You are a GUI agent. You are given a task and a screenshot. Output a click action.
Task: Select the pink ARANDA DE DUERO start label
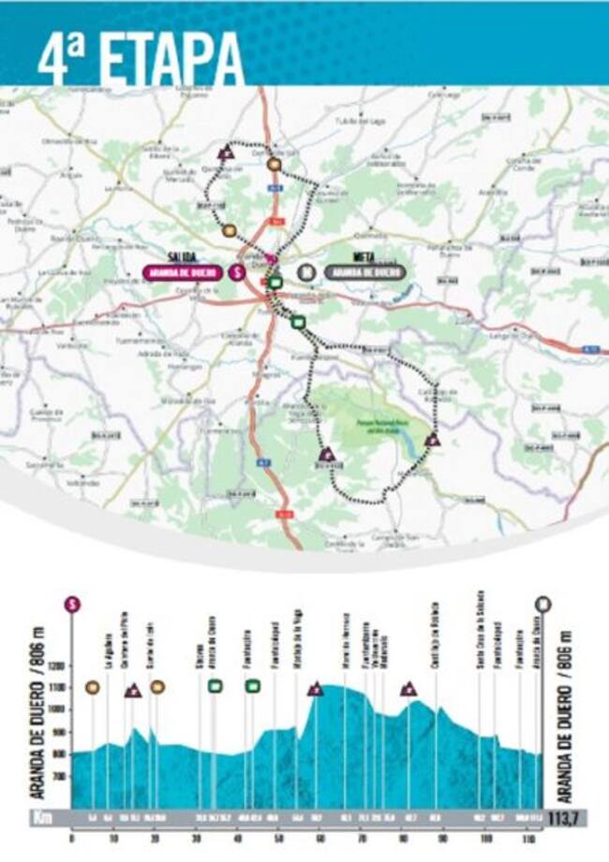[x=184, y=272]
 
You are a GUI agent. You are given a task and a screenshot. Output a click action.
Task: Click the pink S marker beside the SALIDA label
[x=238, y=272]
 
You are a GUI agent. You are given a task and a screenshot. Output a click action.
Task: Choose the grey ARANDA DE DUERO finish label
[x=365, y=272]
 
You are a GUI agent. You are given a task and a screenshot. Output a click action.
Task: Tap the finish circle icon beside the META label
[x=304, y=272]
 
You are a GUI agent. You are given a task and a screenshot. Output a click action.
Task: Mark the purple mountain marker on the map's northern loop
[x=225, y=152]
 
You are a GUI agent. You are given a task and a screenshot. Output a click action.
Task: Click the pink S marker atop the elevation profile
[x=71, y=604]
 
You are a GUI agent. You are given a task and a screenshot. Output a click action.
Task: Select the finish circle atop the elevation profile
[x=543, y=604]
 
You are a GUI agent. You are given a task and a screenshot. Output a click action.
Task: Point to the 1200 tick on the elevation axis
[x=58, y=665]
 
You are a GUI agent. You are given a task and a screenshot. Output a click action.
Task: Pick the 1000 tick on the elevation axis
[x=58, y=709]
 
